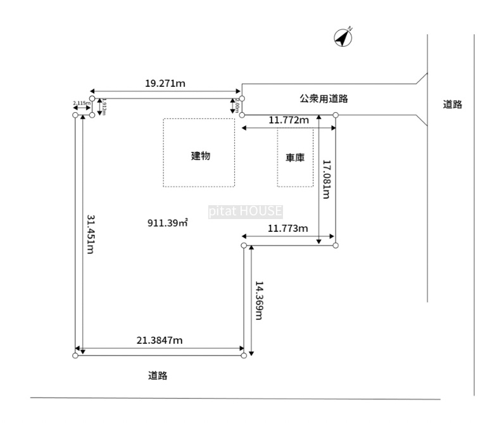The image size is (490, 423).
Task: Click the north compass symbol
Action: [343, 38]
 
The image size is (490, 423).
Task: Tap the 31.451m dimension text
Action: [90, 234]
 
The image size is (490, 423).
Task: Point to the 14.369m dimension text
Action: [258, 300]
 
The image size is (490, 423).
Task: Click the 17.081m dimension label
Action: [327, 179]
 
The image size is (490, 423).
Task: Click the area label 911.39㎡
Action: [168, 223]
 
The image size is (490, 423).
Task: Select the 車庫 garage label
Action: [295, 158]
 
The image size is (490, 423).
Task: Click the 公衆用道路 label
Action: [324, 99]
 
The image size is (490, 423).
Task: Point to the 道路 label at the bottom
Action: [158, 376]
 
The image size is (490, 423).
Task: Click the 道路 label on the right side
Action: [453, 105]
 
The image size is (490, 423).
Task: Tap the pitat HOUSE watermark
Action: [245, 212]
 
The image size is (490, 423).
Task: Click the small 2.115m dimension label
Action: [80, 103]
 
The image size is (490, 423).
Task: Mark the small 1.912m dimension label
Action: [105, 107]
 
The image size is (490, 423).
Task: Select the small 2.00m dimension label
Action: [237, 106]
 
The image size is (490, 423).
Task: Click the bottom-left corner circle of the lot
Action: [75, 356]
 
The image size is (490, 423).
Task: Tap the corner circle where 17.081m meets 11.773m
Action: [336, 245]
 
